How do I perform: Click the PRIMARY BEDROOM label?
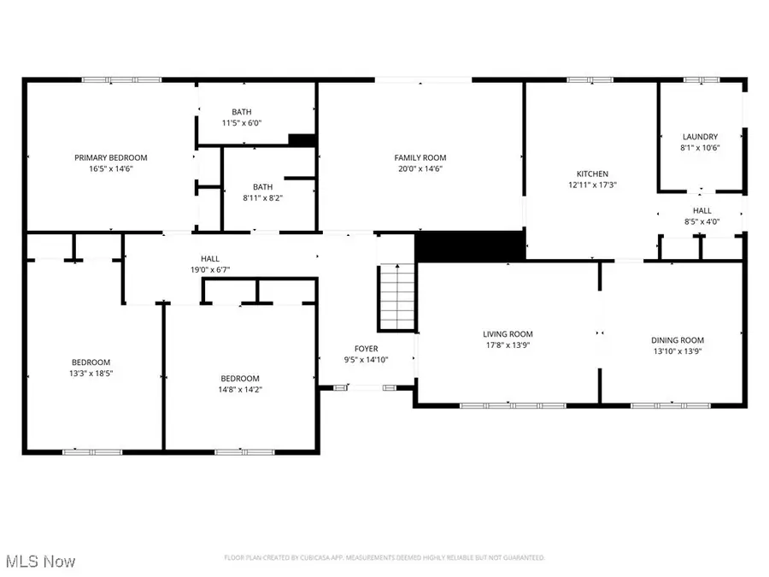[x=110, y=157]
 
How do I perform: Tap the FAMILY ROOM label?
[x=420, y=157]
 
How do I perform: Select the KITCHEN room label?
[x=592, y=174]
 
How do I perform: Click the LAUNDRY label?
[x=700, y=137]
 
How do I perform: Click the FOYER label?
[x=367, y=349]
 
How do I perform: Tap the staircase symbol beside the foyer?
[x=396, y=296]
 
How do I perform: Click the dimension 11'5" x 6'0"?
[x=241, y=123]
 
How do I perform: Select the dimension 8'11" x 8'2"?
[x=262, y=197]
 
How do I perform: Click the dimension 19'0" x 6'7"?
[x=209, y=269]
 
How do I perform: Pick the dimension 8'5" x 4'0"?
[x=701, y=221]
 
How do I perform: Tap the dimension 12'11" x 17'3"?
[x=592, y=185]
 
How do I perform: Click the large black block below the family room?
[x=469, y=244]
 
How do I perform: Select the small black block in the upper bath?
[x=302, y=140]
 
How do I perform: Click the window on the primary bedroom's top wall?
[x=121, y=80]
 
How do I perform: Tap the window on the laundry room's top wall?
[x=701, y=80]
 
